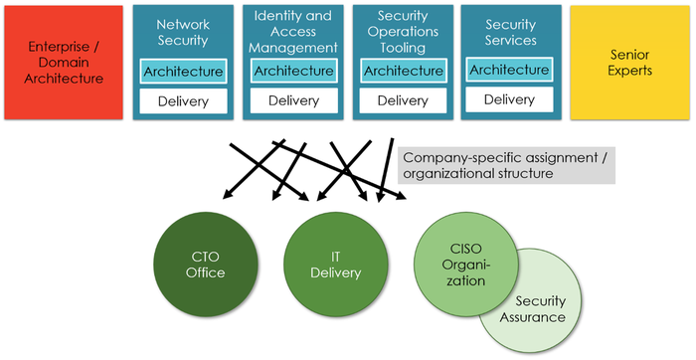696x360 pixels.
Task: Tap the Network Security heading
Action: [183, 32]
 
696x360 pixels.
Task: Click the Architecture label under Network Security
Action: [183, 72]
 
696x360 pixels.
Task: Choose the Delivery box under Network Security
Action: [183, 100]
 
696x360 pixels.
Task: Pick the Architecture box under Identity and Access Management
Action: [293, 71]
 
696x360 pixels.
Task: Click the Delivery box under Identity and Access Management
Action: [293, 100]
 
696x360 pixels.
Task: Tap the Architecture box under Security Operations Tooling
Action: [403, 71]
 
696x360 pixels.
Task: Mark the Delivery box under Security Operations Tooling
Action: [403, 100]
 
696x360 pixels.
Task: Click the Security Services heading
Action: [509, 32]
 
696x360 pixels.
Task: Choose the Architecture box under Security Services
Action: [509, 70]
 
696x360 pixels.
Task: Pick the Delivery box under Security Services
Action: [509, 99]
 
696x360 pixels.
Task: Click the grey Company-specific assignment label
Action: [507, 165]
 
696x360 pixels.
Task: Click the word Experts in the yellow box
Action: [632, 72]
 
